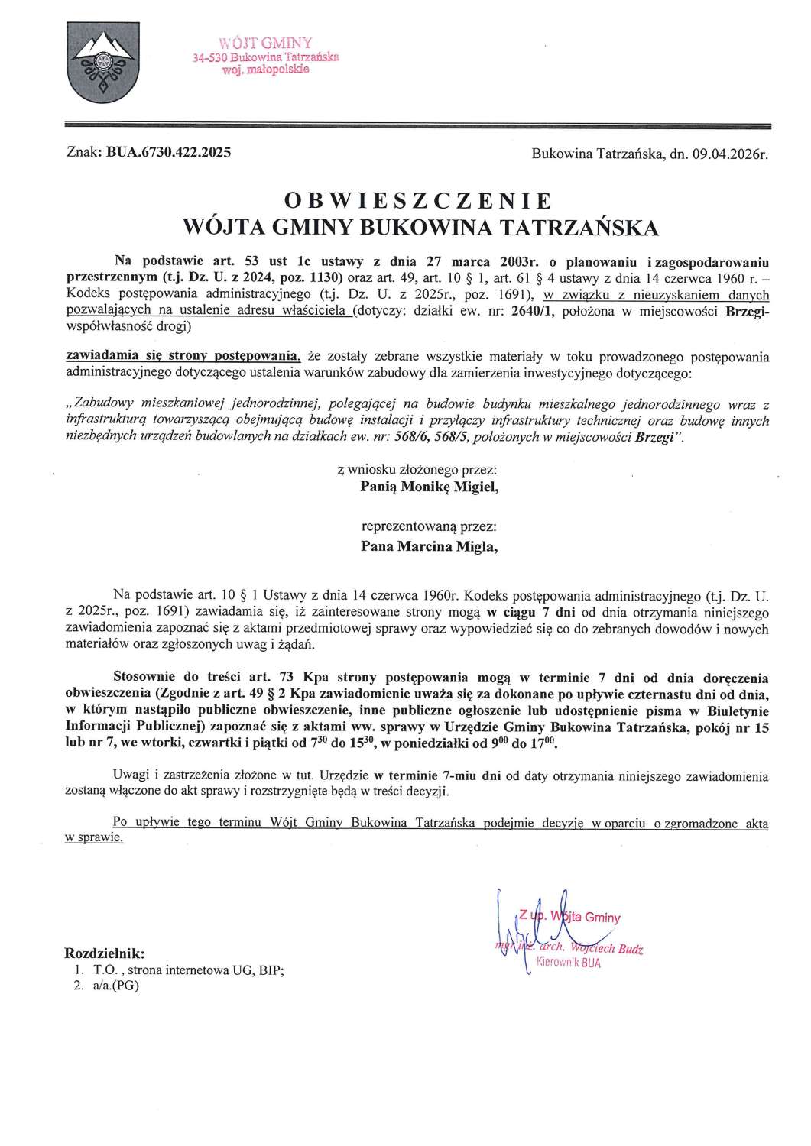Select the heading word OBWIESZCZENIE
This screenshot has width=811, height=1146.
coord(417,201)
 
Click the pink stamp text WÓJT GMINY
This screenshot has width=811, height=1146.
coord(265,43)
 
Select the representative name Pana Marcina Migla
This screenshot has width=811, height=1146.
coord(428,546)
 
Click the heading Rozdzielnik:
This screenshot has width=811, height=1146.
coord(104,953)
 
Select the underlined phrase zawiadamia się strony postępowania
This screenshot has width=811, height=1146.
coord(183,356)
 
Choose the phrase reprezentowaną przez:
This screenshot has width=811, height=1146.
coord(429,527)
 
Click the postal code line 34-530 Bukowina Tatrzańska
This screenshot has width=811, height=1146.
coord(268,57)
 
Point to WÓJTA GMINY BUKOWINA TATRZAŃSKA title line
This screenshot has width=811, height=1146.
coord(417,228)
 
